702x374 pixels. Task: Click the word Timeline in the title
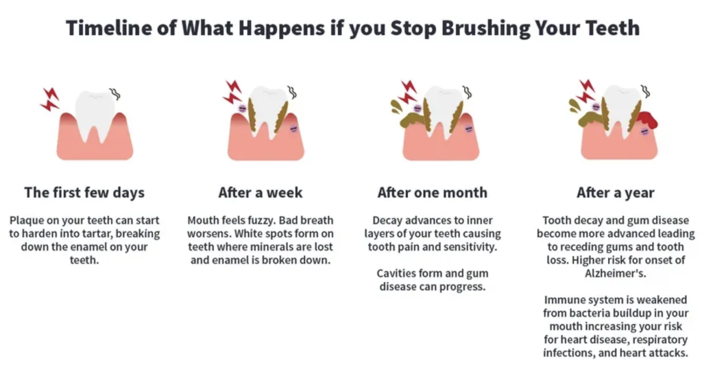click(x=109, y=28)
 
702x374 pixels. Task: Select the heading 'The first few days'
click(x=84, y=193)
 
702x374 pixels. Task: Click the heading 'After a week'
click(x=260, y=193)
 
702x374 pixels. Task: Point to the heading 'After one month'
click(x=432, y=193)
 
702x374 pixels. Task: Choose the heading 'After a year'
click(x=615, y=193)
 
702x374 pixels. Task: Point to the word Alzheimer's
click(x=615, y=273)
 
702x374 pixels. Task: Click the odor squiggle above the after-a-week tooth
click(x=292, y=92)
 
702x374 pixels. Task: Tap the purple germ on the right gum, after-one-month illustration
click(x=469, y=129)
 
